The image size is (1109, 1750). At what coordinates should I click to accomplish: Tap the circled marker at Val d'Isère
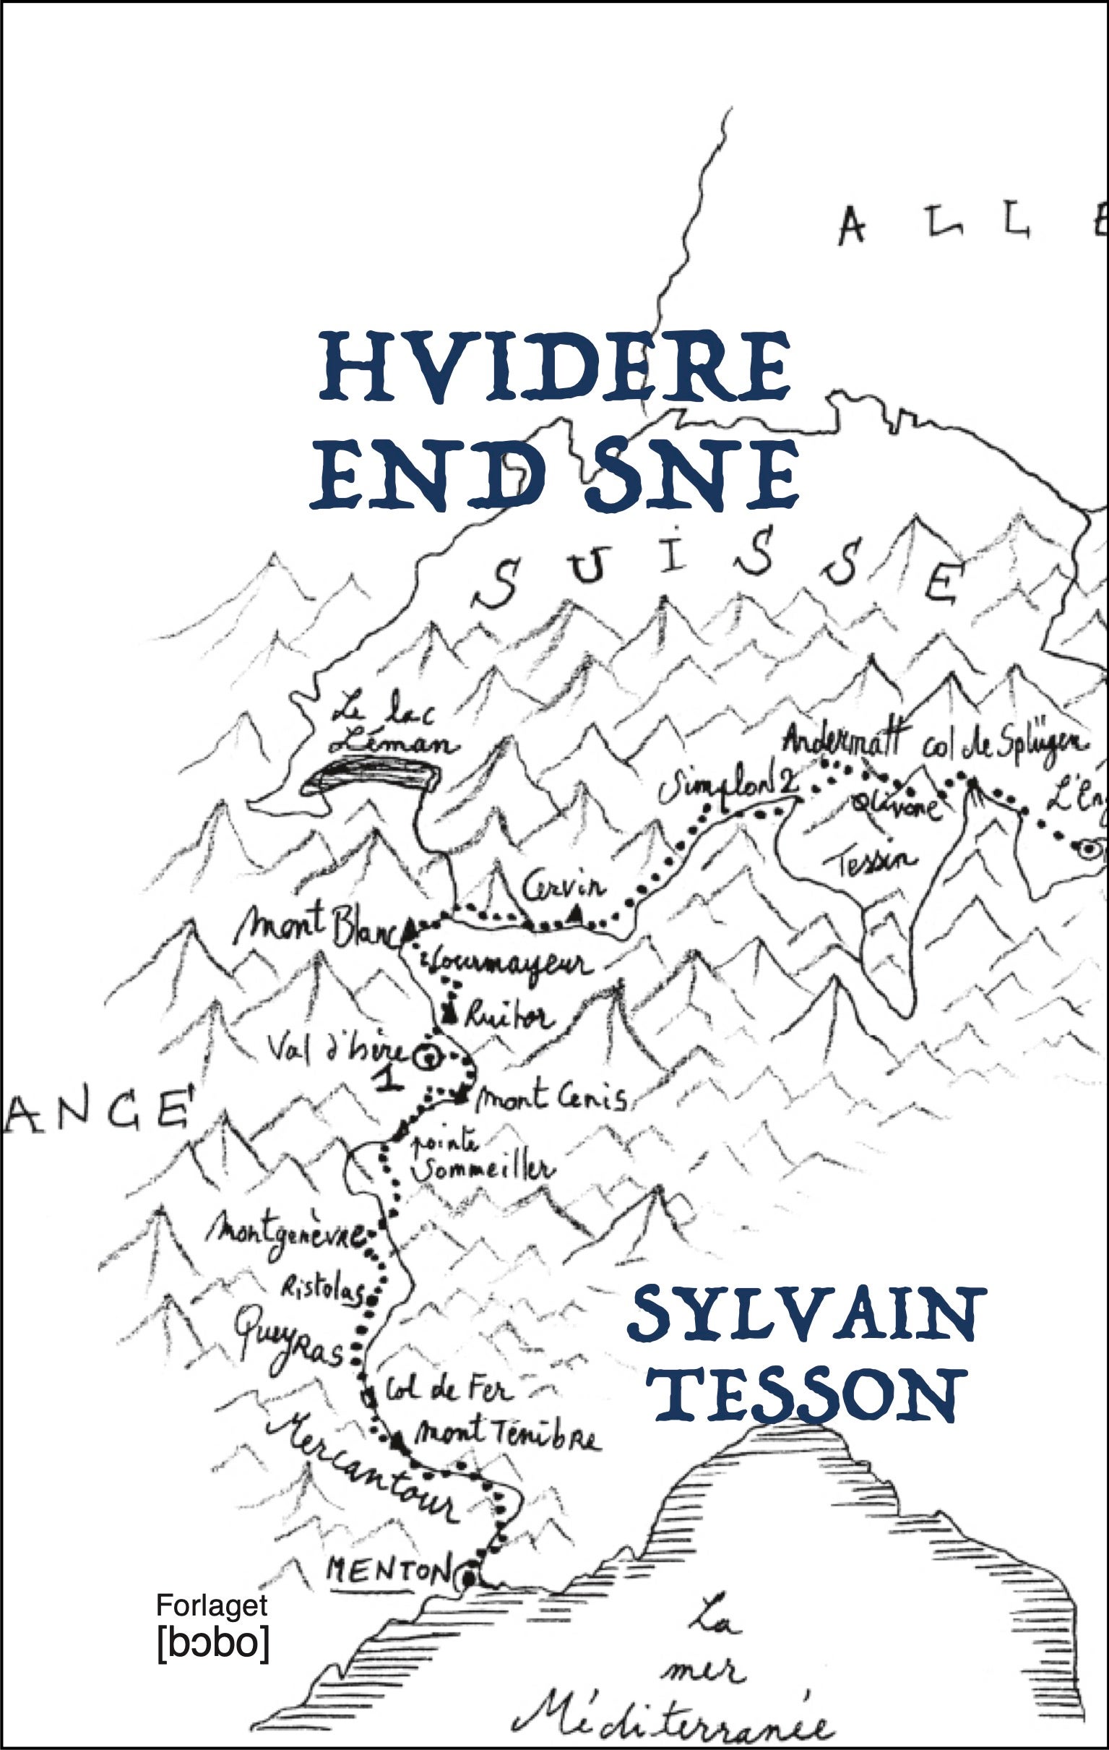426,1058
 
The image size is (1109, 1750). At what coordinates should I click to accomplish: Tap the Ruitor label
509,1016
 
